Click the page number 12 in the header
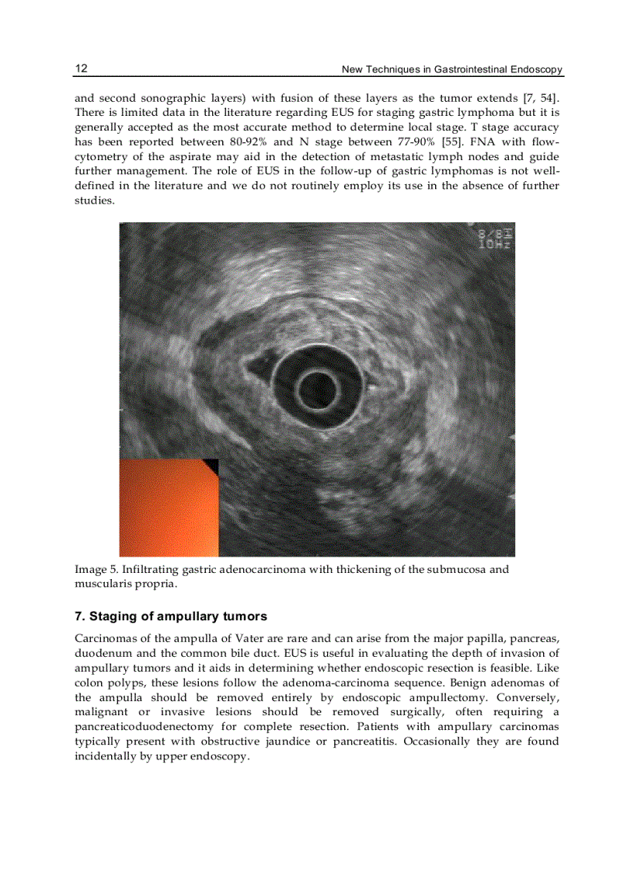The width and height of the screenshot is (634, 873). [81, 68]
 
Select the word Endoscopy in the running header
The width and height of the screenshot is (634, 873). [536, 70]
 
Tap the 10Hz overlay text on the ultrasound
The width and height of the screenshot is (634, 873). [495, 244]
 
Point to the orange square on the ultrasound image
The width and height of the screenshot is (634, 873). [167, 509]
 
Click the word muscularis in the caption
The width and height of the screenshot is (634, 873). [100, 583]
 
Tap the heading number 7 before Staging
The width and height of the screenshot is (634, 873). [78, 616]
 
